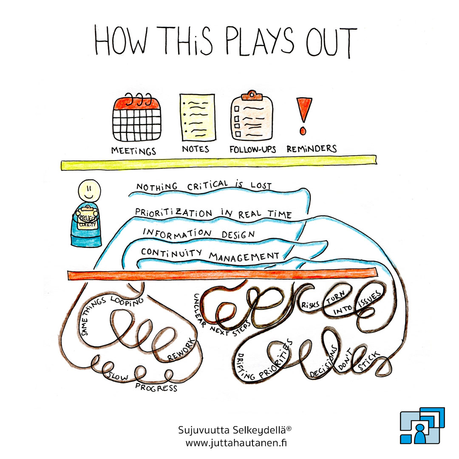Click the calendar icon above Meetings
click(x=137, y=117)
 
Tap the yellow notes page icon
click(x=198, y=117)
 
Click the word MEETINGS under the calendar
click(x=133, y=151)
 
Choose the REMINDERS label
click(x=312, y=149)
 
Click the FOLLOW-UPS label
click(x=252, y=150)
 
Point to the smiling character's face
click(x=89, y=190)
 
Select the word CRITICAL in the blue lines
click(x=207, y=185)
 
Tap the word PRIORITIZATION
click(x=173, y=212)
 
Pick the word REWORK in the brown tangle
click(x=181, y=349)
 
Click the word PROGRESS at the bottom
click(x=156, y=388)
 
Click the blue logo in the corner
click(x=422, y=425)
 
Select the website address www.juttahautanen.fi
click(x=236, y=442)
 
